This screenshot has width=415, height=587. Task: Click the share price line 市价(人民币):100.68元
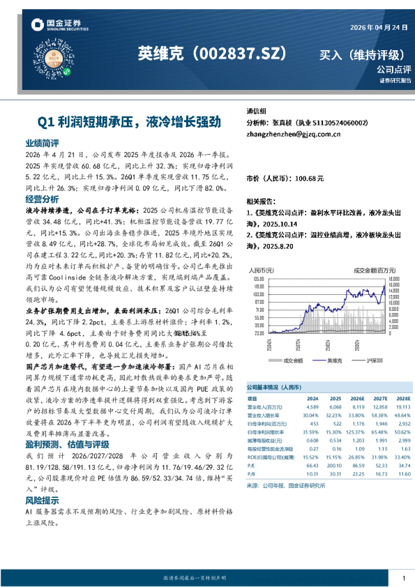pos(285,179)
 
